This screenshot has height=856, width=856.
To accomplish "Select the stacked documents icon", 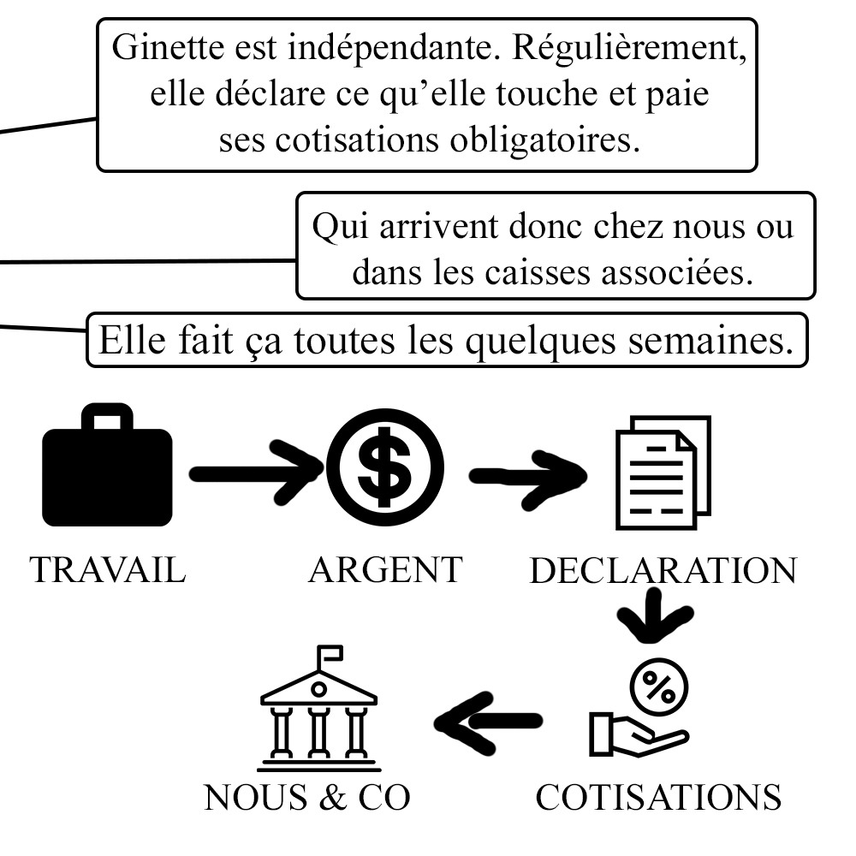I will [663, 471].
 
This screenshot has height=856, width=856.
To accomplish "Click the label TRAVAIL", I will [107, 570].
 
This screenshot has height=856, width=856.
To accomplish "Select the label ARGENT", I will [385, 570].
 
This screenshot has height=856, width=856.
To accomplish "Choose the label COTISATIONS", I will [658, 798].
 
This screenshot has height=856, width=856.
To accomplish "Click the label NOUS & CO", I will [308, 798].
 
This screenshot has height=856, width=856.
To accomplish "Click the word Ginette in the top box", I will [163, 48].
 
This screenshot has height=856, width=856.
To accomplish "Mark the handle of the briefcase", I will [108, 418].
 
